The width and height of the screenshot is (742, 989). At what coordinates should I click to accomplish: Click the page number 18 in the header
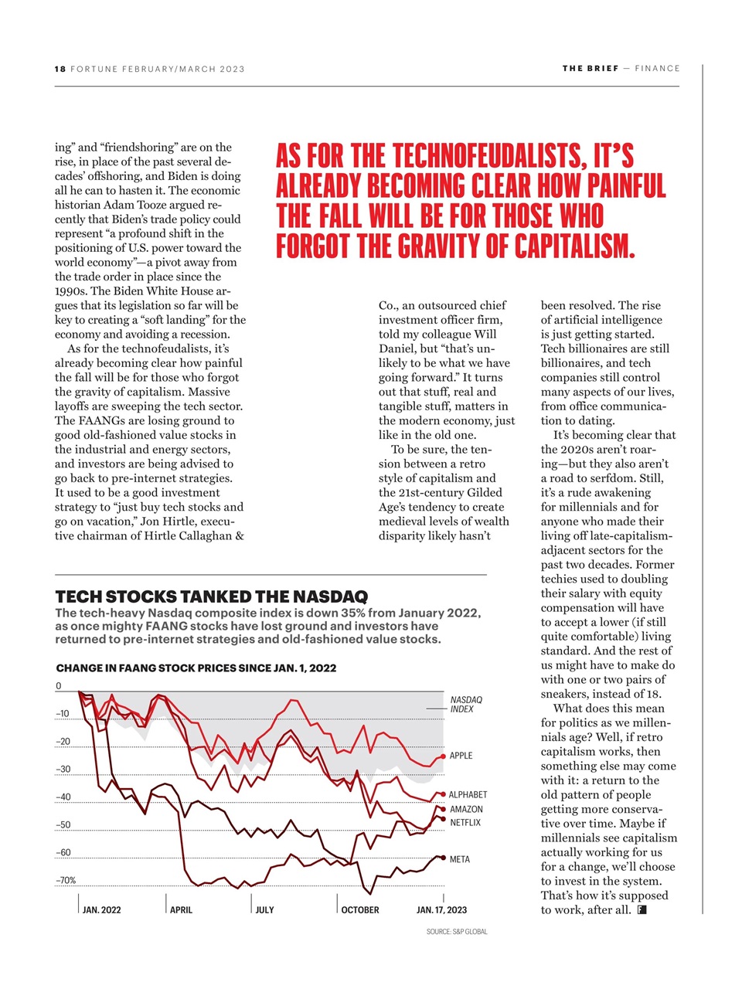[x=60, y=69]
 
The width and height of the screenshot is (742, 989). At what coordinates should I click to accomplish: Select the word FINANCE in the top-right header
[x=657, y=68]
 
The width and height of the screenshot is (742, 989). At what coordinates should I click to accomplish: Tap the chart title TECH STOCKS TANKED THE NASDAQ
[x=212, y=596]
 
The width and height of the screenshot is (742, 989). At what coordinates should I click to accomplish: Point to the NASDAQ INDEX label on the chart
[x=465, y=704]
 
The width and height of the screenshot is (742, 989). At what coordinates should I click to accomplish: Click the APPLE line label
[x=461, y=756]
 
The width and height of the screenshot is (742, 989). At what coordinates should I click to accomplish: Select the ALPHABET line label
[x=468, y=794]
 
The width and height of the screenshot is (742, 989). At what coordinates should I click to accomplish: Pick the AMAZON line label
[x=466, y=809]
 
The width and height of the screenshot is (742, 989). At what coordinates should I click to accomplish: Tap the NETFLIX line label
[x=465, y=823]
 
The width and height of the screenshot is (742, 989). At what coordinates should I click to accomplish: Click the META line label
[x=459, y=859]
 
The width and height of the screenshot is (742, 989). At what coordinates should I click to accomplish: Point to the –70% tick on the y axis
[x=66, y=880]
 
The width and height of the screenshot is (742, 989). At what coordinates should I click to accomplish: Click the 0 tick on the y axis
[x=59, y=686]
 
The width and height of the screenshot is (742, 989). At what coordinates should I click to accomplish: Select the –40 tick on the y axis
[x=63, y=797]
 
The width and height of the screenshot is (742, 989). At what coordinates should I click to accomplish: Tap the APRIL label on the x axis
[x=181, y=909]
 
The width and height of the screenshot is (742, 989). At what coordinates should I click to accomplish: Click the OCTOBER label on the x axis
[x=360, y=909]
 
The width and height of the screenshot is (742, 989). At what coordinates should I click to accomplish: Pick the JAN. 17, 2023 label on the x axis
[x=441, y=909]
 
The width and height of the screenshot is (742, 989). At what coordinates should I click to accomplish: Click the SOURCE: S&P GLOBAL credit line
[x=457, y=932]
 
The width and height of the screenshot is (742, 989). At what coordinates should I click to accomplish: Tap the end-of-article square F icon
[x=642, y=909]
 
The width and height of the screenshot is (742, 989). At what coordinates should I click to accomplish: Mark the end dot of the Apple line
[x=442, y=756]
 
